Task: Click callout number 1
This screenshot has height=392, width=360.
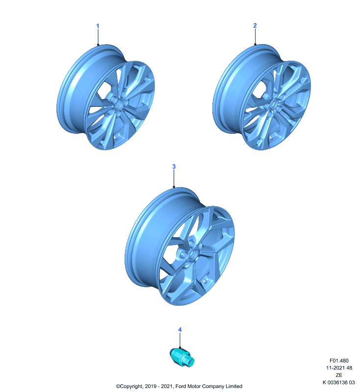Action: coord(98,26)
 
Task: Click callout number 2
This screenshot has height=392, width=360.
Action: coord(255,25)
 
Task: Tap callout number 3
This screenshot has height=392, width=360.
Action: coord(174,167)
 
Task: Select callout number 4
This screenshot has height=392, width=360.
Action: coord(180,330)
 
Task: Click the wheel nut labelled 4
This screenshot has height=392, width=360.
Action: coord(182,358)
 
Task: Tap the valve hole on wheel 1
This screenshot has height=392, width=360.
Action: coord(115,138)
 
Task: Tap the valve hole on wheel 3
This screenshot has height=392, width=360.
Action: coord(205,281)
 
